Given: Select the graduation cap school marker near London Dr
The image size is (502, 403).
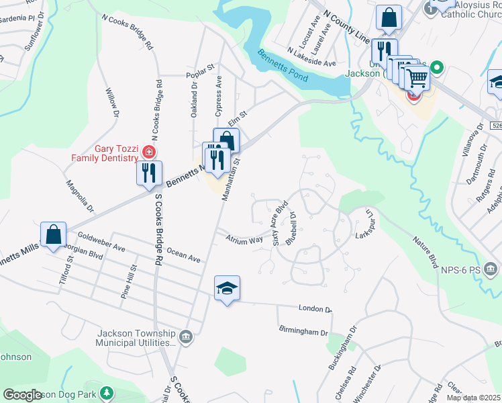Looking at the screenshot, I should [x=227, y=289].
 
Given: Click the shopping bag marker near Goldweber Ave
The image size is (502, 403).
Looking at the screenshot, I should [x=54, y=235].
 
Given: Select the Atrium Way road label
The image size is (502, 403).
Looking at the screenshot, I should [x=244, y=239].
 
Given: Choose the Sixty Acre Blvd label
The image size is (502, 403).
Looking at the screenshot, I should [x=280, y=222].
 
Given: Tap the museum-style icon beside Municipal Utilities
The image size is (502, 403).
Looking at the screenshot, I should [x=187, y=334].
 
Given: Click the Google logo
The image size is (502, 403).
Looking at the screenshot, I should [x=23, y=395].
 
